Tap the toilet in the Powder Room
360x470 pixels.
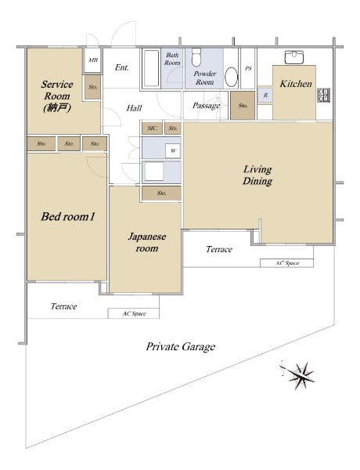pyautogui.click(x=196, y=57)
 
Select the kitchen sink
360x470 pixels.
pyautogui.click(x=294, y=57)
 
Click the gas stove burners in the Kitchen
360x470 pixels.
pyautogui.click(x=324, y=95)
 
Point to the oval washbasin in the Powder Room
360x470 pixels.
pyautogui.click(x=231, y=77)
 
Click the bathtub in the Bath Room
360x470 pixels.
pyautogui.click(x=151, y=68)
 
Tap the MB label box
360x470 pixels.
pyautogui.click(x=92, y=60)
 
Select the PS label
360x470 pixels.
pyautogui.click(x=248, y=69)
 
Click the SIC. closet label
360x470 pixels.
pyautogui.click(x=152, y=128)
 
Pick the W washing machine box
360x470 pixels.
pyautogui.click(x=173, y=150)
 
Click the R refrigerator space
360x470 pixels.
pyautogui.click(x=265, y=96)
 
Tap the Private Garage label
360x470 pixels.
pyautogui.click(x=181, y=347)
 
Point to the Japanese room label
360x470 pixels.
pyautogui.click(x=147, y=242)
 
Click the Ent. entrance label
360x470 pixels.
pyautogui.click(x=121, y=67)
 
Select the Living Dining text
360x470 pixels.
pyautogui.click(x=257, y=175)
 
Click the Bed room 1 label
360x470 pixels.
pyautogui.click(x=67, y=216)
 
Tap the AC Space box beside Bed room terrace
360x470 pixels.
pyautogui.click(x=134, y=313)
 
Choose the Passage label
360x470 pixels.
pyautogui.click(x=206, y=106)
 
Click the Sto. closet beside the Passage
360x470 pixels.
pyautogui.click(x=243, y=106)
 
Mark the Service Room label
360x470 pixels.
pyautogui.click(x=57, y=96)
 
